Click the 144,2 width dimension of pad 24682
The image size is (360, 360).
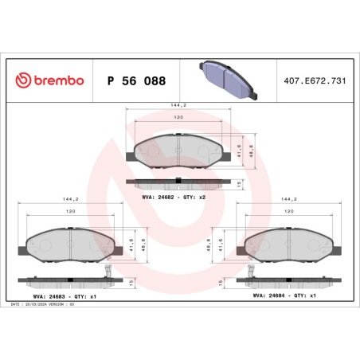179,104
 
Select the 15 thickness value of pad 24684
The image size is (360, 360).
220,281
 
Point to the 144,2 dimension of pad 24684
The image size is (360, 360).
289,199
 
